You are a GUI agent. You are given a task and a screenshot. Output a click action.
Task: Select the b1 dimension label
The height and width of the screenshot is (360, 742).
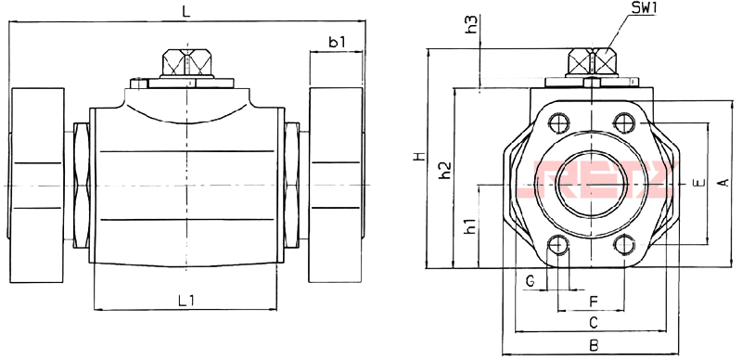(337, 42)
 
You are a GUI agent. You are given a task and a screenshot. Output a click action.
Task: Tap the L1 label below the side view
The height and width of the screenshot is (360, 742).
(186, 300)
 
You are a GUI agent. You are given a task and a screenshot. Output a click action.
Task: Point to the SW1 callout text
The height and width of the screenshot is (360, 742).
(644, 8)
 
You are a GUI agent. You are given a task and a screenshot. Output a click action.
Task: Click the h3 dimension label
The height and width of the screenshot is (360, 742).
(472, 24)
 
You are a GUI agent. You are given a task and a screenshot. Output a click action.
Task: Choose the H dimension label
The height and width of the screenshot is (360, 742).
(418, 156)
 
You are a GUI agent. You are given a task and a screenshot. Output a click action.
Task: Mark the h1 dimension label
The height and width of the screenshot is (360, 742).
(470, 226)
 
